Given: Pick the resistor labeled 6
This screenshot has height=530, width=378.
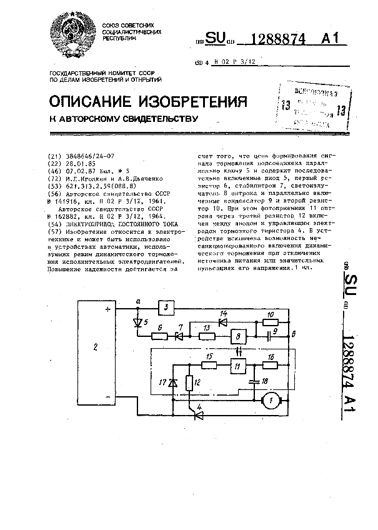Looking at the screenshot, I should click(159, 336).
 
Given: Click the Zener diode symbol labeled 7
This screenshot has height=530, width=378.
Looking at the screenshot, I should click(180, 336).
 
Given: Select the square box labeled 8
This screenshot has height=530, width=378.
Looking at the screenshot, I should click(238, 336).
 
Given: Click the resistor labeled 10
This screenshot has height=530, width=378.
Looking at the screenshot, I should click(269, 322).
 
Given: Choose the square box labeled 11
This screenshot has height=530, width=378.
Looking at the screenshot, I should click(238, 367).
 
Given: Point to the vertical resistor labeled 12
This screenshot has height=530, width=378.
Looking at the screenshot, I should click(189, 382).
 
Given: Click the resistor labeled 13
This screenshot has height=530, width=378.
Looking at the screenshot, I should click(207, 336).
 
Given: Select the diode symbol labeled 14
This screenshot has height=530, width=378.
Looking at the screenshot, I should click(222, 322).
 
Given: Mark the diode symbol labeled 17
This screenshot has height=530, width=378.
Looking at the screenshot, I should click(173, 382).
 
